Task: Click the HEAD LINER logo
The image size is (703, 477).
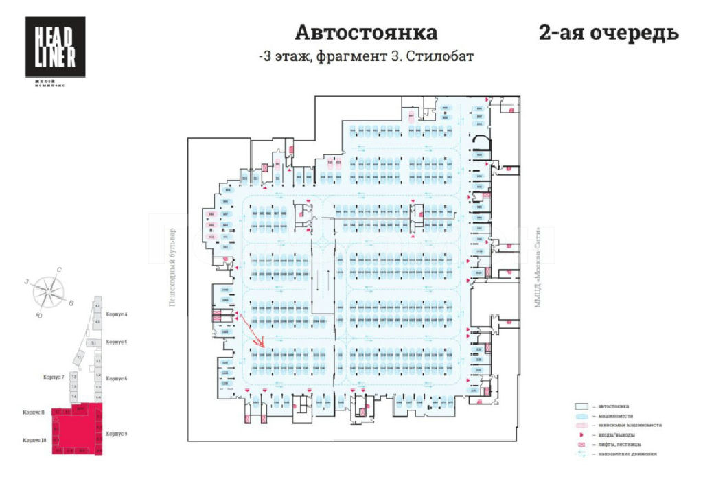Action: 55,47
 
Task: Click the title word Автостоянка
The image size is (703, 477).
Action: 366,33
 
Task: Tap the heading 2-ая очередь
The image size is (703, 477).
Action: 608,33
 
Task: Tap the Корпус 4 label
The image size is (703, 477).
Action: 117,314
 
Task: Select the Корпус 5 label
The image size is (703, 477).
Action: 117,342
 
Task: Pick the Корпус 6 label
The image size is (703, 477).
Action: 117,378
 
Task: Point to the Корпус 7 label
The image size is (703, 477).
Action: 54,377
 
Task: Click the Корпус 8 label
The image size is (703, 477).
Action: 33,412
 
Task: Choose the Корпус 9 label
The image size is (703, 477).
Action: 117,434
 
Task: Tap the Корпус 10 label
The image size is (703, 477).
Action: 34,440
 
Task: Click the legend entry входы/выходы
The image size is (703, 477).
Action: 614,434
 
